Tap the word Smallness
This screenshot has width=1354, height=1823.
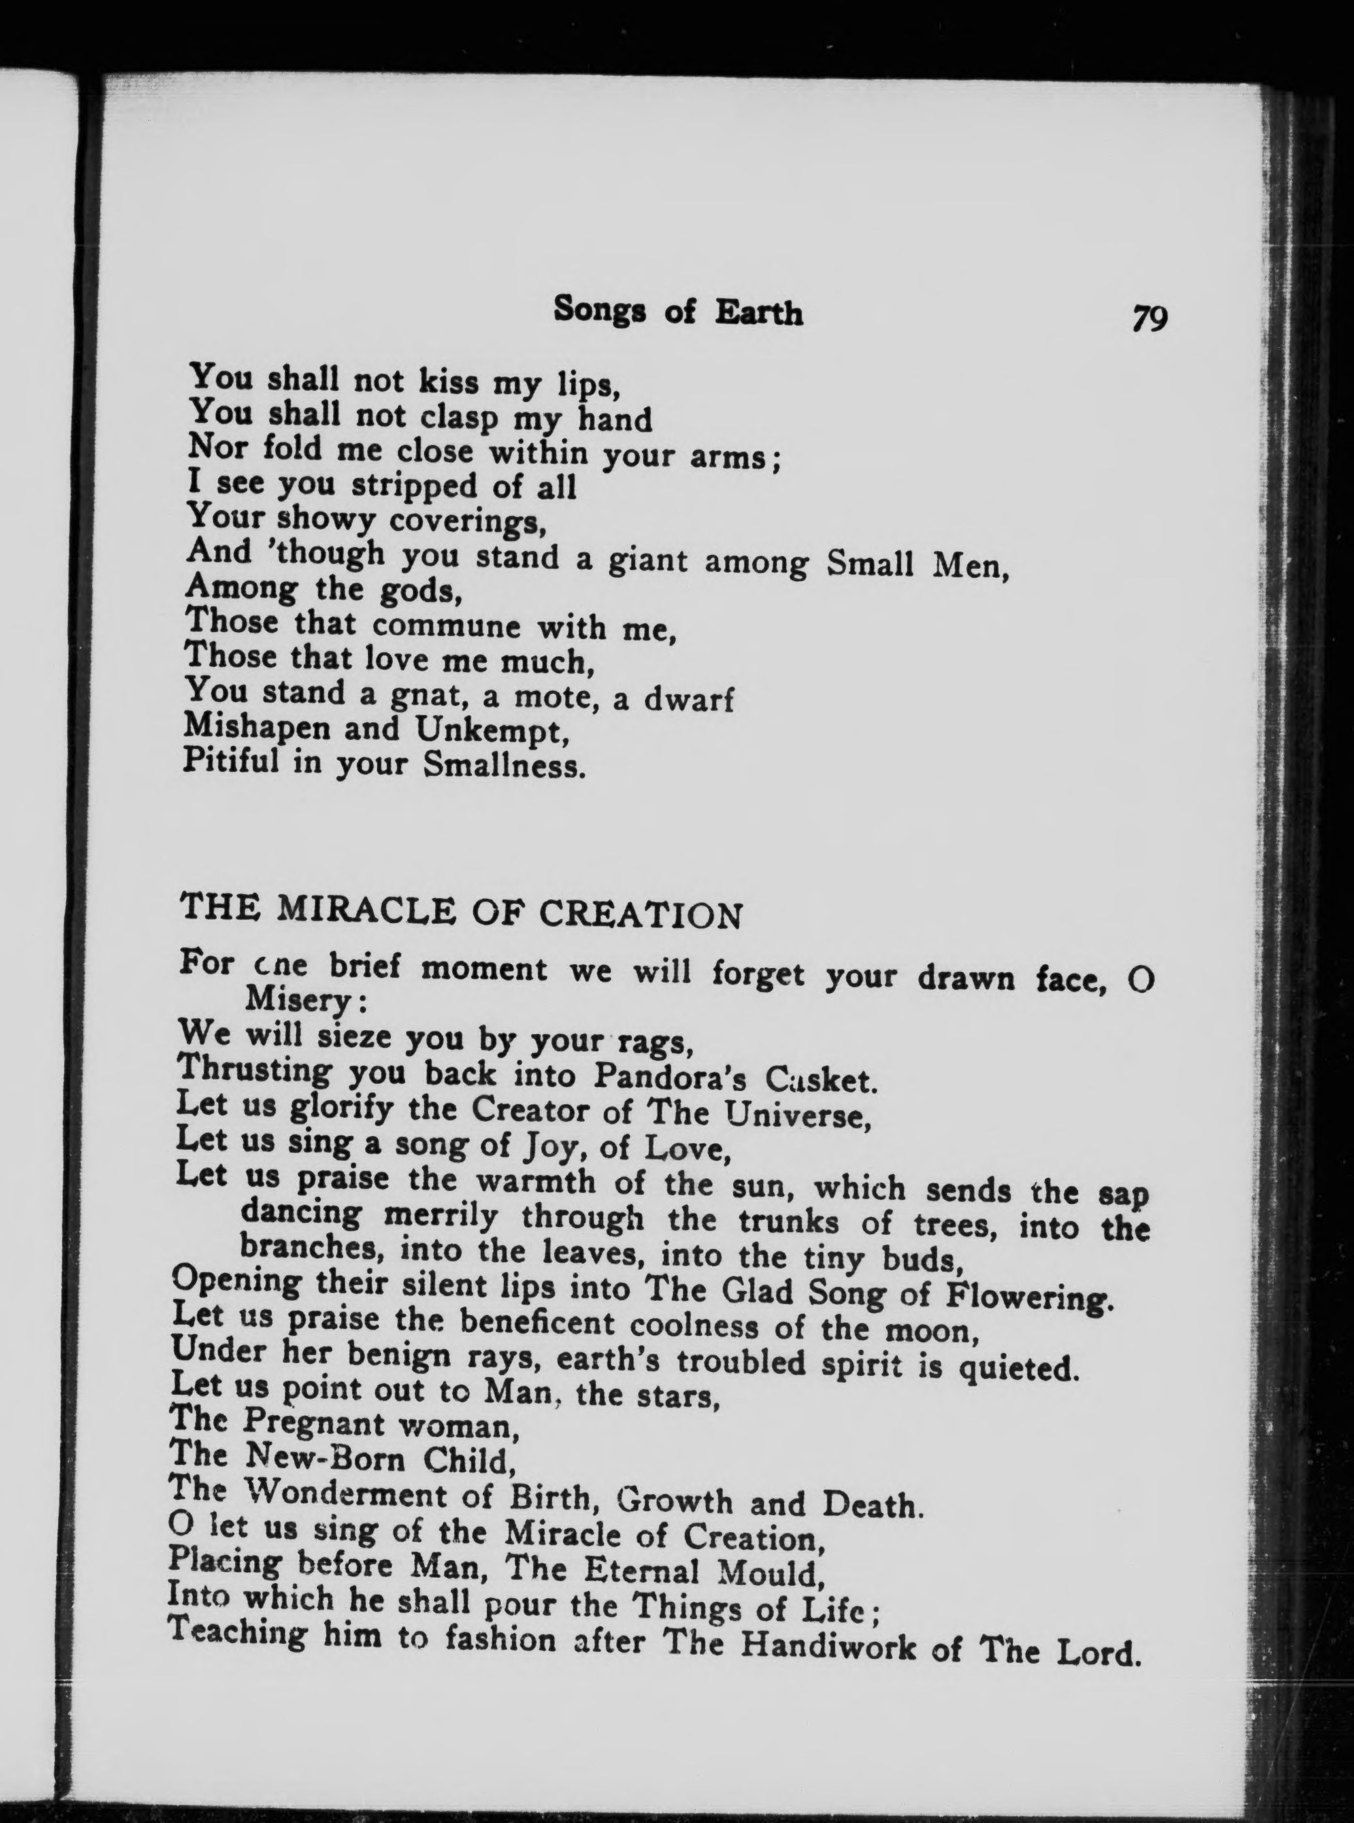click(504, 765)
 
